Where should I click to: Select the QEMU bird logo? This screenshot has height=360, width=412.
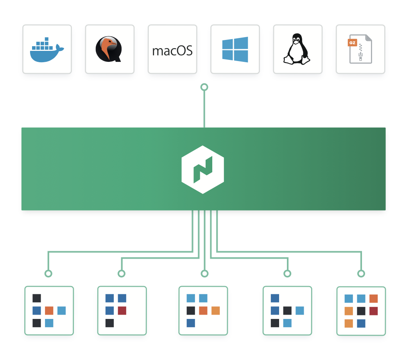[x=109, y=49]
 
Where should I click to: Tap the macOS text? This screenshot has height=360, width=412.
[x=172, y=51]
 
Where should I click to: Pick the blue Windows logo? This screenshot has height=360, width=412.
[x=235, y=49]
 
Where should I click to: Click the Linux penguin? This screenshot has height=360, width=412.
[x=297, y=49]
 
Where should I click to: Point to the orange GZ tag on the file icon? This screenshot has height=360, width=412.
[x=352, y=43]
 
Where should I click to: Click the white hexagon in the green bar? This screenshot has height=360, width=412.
[x=202, y=169]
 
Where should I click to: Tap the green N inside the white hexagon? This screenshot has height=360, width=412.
[x=203, y=169]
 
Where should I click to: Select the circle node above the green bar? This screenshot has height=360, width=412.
[x=204, y=87]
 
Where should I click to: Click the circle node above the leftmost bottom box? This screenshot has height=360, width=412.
[x=48, y=274]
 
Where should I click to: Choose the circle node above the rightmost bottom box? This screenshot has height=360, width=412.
[x=361, y=274]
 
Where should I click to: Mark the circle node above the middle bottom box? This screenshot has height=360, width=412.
[x=204, y=274]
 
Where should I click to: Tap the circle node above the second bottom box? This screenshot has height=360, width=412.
[x=122, y=274]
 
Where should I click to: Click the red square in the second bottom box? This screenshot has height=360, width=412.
[x=122, y=311]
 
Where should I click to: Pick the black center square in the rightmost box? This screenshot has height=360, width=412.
[x=361, y=311]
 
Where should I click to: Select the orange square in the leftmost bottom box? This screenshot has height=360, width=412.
[x=49, y=311]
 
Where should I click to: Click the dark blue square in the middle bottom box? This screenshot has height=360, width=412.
[x=191, y=323]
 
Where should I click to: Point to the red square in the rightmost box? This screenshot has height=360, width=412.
[x=373, y=311]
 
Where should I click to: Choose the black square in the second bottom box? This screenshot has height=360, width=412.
[x=109, y=323]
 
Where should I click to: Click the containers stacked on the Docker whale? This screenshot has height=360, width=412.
[x=42, y=44]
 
